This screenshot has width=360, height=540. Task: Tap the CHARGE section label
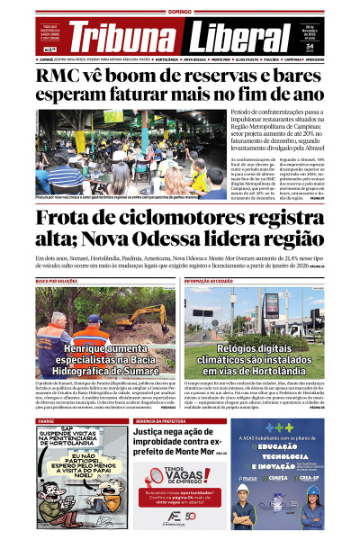[x=46, y=420]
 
